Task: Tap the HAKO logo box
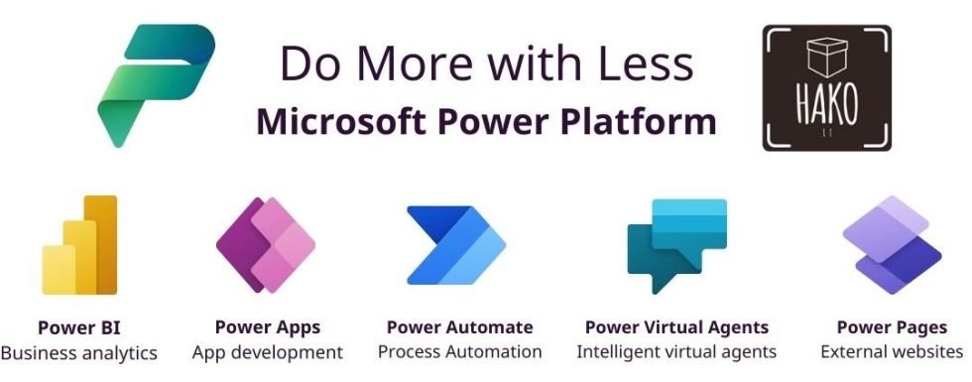click(826, 88)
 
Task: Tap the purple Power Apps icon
click(265, 244)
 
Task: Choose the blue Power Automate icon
click(455, 244)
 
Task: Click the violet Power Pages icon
click(891, 241)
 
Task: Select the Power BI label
click(79, 327)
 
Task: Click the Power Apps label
click(268, 327)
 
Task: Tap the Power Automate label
click(459, 327)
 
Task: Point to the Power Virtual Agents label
click(676, 327)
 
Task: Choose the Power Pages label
click(892, 327)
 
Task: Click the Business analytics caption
click(79, 352)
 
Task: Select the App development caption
click(268, 352)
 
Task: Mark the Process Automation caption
click(459, 352)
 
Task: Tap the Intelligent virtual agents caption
click(676, 352)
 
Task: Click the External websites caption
click(892, 352)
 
